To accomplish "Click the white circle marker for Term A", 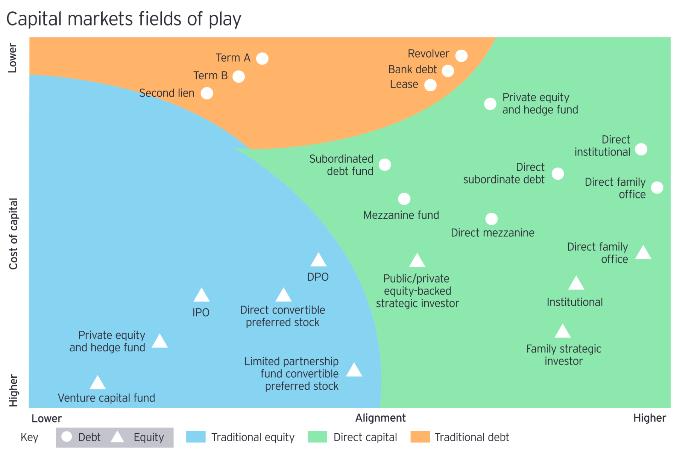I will coord(262,59).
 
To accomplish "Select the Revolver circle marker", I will coord(461,56).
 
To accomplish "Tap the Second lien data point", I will coord(207,93).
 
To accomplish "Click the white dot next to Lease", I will coord(430,85).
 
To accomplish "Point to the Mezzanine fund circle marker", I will coord(404,199).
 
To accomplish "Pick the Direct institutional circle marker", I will coord(641,149).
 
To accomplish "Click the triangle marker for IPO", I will coord(202,296).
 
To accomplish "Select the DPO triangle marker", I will coord(318,260).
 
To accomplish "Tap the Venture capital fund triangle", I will coord(98,383).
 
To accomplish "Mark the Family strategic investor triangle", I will coord(563,331).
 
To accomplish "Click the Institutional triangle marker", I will coord(576,284).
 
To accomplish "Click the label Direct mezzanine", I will coord(492,233).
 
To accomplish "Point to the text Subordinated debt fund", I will coord(342,165).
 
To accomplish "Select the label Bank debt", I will coord(412,70).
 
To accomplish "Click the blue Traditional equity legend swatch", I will coord(196,437).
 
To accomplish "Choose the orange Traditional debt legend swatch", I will coord(420,437).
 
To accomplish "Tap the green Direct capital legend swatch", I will coord(317,437).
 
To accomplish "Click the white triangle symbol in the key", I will coord(117,437).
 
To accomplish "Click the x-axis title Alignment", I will coord(380,418).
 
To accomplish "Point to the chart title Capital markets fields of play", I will coord(124,19).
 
